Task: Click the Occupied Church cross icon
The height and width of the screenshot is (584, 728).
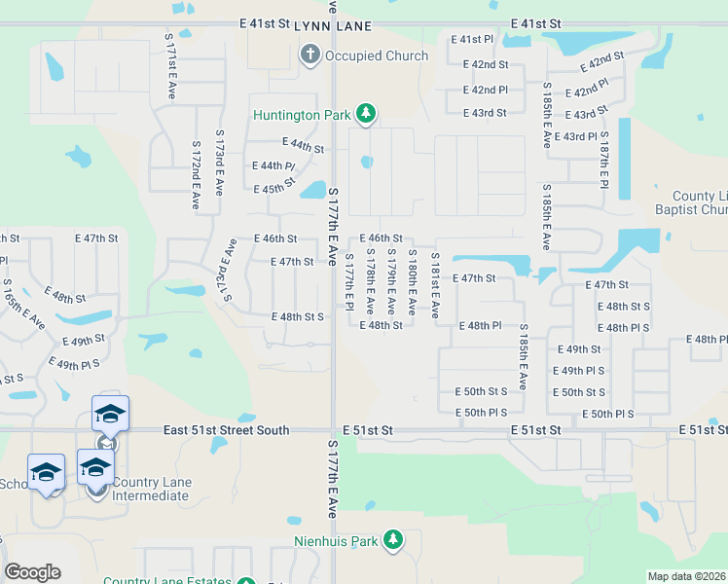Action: (310, 55)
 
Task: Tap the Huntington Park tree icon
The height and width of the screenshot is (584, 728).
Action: (366, 115)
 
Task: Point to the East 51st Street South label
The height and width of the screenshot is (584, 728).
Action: (227, 430)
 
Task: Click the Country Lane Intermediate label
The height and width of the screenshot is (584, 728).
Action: (150, 490)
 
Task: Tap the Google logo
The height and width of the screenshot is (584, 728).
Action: (32, 572)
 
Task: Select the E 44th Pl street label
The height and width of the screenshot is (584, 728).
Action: (273, 166)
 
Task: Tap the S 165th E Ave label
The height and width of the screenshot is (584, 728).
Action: (23, 303)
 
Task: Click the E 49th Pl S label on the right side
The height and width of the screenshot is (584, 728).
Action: (578, 371)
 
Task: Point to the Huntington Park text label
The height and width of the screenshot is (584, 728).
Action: (301, 115)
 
